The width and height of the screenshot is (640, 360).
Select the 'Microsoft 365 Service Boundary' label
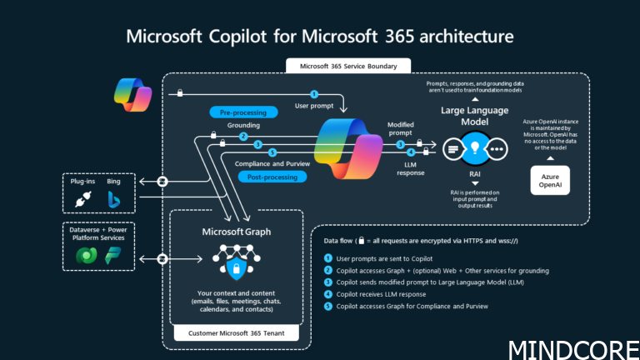point(342,66)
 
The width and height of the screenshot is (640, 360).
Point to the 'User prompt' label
point(315,106)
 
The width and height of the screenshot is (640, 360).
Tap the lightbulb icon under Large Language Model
point(474,148)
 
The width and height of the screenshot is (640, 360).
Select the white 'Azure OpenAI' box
point(551,181)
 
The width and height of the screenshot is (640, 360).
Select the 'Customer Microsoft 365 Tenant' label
point(236,334)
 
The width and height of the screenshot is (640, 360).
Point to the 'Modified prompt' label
point(400,129)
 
